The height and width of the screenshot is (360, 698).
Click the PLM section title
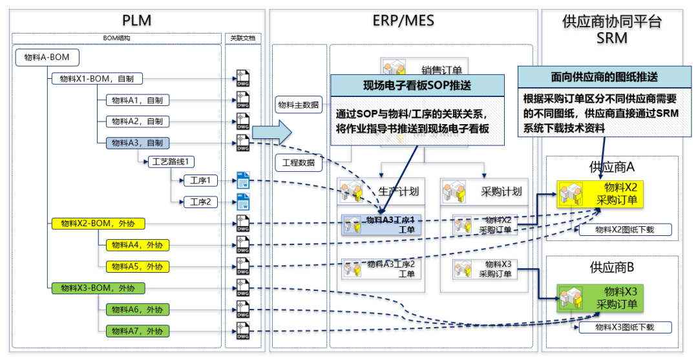(x=136, y=20)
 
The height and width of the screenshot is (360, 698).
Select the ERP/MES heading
(x=403, y=20)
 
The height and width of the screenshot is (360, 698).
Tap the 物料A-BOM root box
(x=47, y=58)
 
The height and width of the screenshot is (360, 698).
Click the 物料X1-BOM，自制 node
(x=97, y=79)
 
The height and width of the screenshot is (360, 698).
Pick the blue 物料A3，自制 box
(x=133, y=143)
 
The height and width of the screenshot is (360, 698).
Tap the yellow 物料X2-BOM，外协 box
(x=98, y=224)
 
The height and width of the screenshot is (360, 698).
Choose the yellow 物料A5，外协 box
(x=133, y=266)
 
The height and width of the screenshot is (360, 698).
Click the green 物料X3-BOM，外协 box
(x=98, y=288)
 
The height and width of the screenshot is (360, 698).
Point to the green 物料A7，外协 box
(x=133, y=331)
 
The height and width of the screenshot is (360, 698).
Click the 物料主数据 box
(x=298, y=105)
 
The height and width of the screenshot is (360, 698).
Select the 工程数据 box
(x=298, y=162)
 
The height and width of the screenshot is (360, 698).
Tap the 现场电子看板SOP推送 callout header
(x=417, y=85)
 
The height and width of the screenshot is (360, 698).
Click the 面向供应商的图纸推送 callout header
(x=604, y=76)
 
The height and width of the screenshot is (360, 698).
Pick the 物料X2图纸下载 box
(x=624, y=230)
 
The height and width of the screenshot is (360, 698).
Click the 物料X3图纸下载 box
(x=624, y=328)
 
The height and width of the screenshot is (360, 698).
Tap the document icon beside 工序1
(x=243, y=181)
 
